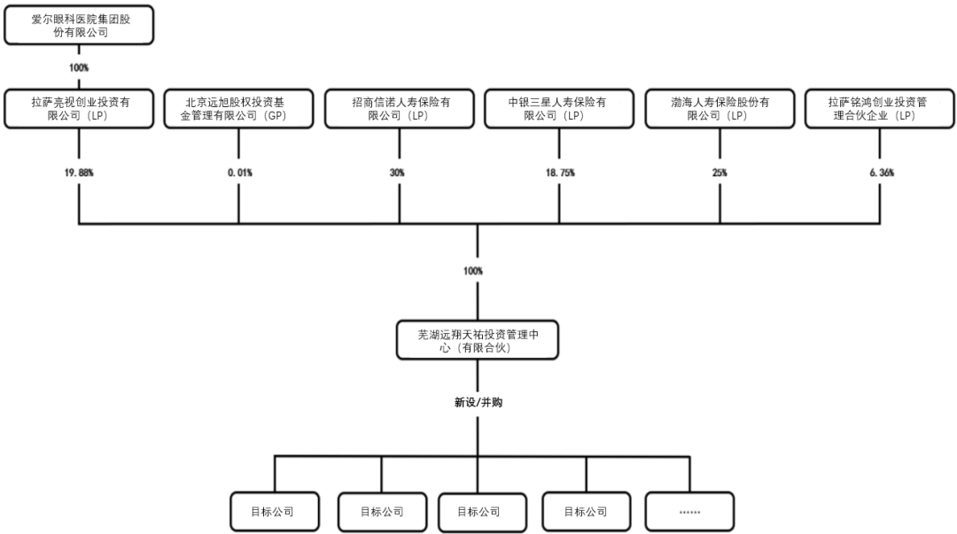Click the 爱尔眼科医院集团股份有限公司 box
[80, 26]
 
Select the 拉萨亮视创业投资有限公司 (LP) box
[80, 109]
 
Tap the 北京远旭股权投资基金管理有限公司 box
[239, 109]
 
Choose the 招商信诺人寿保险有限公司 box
[400, 109]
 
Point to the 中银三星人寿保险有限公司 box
[559, 109]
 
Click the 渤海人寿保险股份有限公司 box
[720, 109]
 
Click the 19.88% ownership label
[80, 173]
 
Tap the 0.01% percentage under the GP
[239, 173]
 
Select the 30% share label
[398, 173]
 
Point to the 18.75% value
[560, 173]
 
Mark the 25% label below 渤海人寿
[719, 173]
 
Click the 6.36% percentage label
[880, 173]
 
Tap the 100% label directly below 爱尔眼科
[78, 67]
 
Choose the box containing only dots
[689, 512]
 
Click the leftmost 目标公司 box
[273, 512]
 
